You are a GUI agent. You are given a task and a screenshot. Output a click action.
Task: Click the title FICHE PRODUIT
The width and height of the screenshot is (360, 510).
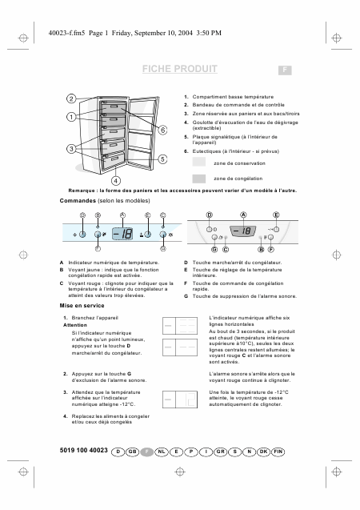(179, 70)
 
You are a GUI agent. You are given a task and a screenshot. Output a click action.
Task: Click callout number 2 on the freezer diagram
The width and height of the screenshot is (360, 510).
(71, 98)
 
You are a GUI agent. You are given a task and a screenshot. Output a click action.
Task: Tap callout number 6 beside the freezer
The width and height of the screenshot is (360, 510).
(162, 130)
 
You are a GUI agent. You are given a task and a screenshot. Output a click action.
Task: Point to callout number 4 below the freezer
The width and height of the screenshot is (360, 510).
(114, 180)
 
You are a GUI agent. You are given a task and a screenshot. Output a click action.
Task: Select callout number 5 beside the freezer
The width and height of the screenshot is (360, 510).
(162, 159)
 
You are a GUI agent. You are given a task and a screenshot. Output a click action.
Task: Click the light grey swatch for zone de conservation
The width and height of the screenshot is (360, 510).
(199, 163)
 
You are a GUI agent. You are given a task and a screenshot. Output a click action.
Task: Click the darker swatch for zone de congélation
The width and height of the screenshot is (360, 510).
(199, 178)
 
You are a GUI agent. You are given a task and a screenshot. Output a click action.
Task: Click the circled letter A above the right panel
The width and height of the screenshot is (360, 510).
(243, 215)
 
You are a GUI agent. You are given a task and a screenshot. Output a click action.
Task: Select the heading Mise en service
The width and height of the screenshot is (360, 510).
(82, 306)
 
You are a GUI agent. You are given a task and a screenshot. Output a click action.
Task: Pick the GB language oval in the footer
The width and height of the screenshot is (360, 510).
(133, 452)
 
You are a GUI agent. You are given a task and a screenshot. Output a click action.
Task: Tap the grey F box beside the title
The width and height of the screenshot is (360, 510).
(283, 70)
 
